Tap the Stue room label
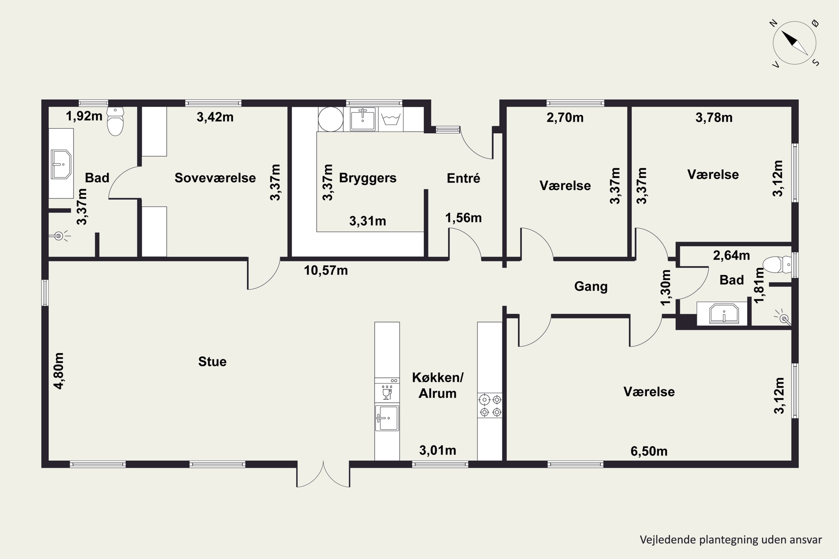click(212, 361)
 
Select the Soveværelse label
click(215, 177)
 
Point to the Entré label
click(463, 178)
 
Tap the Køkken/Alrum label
click(438, 385)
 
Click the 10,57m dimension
click(326, 271)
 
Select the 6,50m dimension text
click(649, 451)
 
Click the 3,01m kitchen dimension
click(438, 450)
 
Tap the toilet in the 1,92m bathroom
click(115, 121)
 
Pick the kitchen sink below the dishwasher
click(387, 418)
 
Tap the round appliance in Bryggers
click(331, 119)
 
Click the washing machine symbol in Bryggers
click(391, 119)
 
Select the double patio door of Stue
click(323, 474)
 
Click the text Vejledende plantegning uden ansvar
click(731, 540)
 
